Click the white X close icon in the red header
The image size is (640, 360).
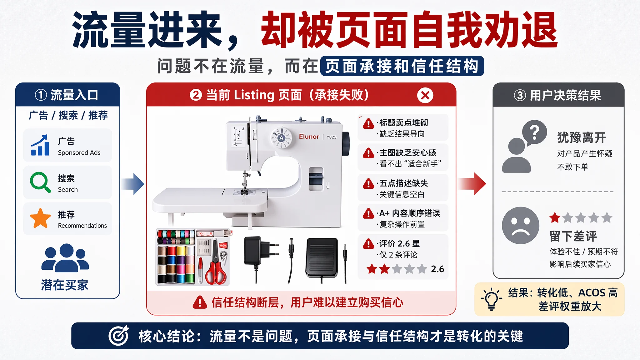pyautogui.click(x=425, y=95)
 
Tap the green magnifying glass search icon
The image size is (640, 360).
pyautogui.click(x=40, y=182)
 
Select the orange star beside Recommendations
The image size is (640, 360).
pyautogui.click(x=40, y=218)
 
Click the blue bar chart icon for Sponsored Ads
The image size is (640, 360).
pyautogui.click(x=40, y=145)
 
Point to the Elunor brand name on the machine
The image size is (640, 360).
pyautogui.click(x=309, y=137)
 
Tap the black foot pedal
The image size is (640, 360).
pyautogui.click(x=322, y=258)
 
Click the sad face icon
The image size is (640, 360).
pyautogui.click(x=520, y=225)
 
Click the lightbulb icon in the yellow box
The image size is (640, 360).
pyautogui.click(x=491, y=299)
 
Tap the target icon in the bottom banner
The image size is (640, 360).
pyautogui.click(x=119, y=336)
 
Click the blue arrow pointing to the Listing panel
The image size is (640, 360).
pyautogui.click(x=133, y=184)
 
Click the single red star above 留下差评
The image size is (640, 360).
pyautogui.click(x=555, y=218)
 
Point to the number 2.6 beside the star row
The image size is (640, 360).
pyautogui.click(x=437, y=269)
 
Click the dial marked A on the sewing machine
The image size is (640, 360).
pyautogui.click(x=282, y=138)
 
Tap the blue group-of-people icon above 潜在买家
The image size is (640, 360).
pyautogui.click(x=65, y=258)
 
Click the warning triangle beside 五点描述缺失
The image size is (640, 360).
pyautogui.click(x=368, y=183)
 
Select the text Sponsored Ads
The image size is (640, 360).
pyautogui.click(x=79, y=153)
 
